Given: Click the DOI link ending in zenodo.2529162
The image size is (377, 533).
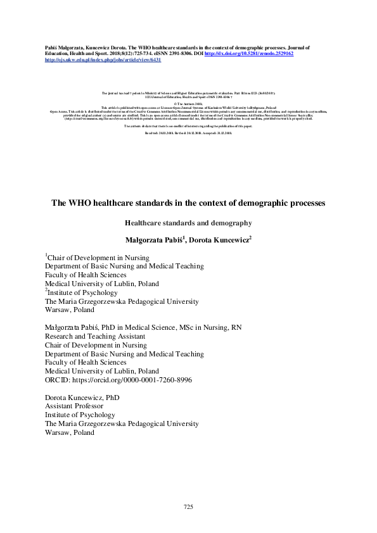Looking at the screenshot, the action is point(248,54).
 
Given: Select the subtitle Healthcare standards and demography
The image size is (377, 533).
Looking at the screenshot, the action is point(188,223).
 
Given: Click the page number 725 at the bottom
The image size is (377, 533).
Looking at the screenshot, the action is point(188,507).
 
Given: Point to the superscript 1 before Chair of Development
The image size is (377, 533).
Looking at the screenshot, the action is point(46,256).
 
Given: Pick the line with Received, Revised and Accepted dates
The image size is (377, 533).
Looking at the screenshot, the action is point(188,134).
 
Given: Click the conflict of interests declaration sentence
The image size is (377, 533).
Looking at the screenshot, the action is point(188,127).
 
